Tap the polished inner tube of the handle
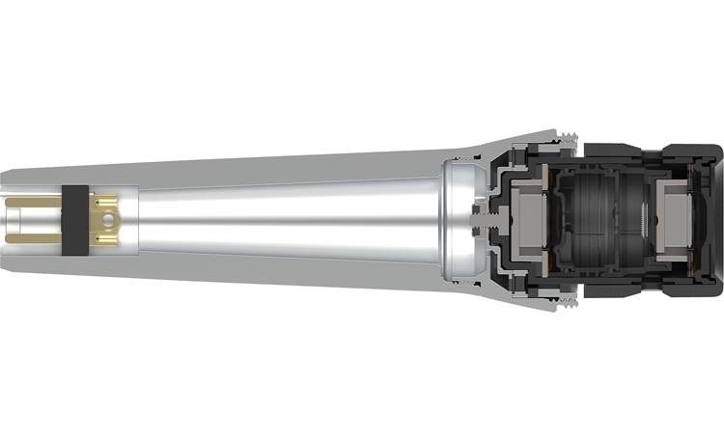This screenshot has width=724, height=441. [x=290, y=220]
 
